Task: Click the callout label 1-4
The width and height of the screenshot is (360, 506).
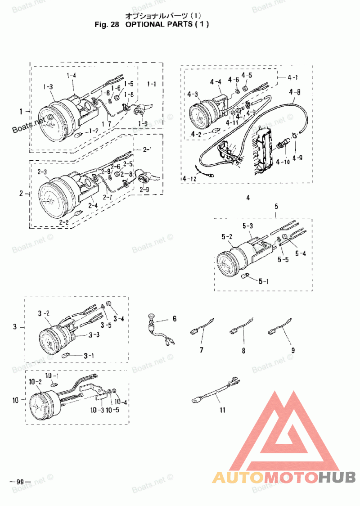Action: tap(72, 75)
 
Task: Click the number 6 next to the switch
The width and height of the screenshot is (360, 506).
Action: tap(173, 319)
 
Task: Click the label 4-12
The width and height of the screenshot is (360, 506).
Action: tap(190, 179)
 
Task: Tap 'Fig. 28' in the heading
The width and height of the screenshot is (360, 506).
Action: tap(106, 24)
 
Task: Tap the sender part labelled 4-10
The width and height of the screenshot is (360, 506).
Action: tap(280, 145)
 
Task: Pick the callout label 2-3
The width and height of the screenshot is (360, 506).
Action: tap(42, 172)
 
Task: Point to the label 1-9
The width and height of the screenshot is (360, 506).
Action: tap(143, 122)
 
